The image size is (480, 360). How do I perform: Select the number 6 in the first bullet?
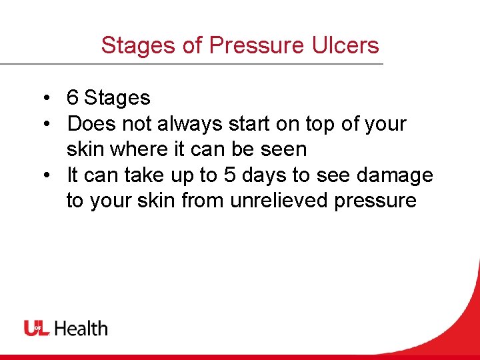(x=73, y=99)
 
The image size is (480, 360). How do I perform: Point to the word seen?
(x=282, y=149)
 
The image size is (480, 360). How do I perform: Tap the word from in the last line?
(x=203, y=201)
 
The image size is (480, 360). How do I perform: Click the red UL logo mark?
(x=37, y=328)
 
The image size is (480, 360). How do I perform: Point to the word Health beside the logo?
(x=81, y=328)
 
